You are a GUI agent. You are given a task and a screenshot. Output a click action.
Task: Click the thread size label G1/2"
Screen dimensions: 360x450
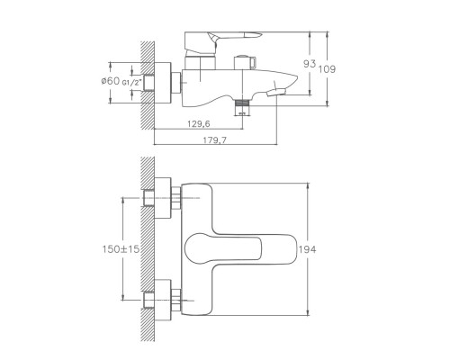[x=130, y=83]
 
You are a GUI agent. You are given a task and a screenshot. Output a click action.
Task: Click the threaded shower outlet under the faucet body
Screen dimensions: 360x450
[x=240, y=107]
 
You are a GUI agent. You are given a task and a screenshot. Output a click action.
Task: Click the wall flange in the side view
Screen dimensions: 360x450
[x=161, y=79]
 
